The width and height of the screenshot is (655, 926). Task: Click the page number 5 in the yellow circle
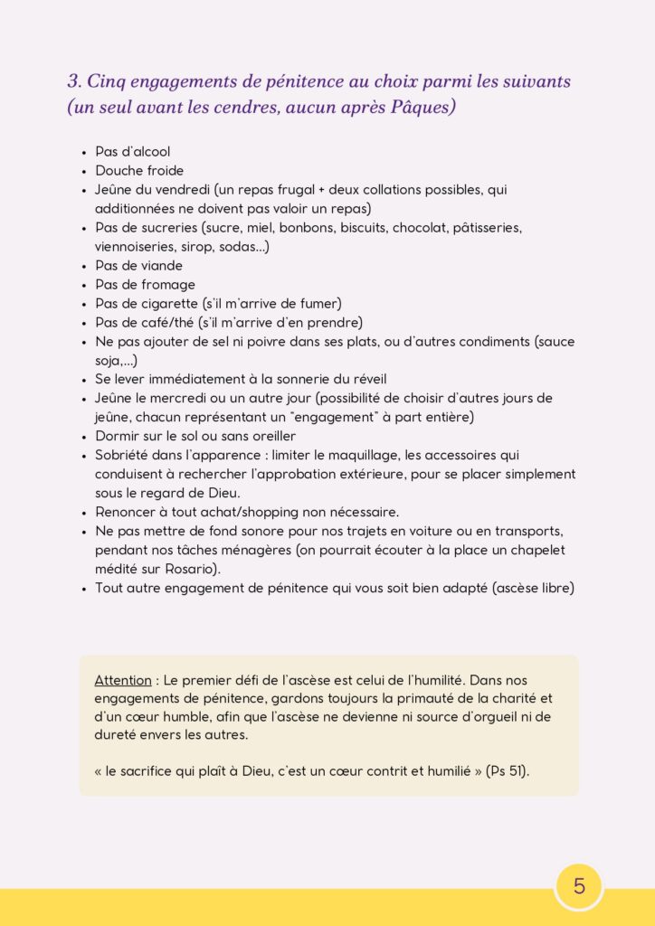(579, 886)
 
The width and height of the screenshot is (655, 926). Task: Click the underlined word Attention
(122, 679)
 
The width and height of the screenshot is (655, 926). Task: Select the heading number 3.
(73, 81)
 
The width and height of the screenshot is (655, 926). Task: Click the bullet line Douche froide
(139, 171)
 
